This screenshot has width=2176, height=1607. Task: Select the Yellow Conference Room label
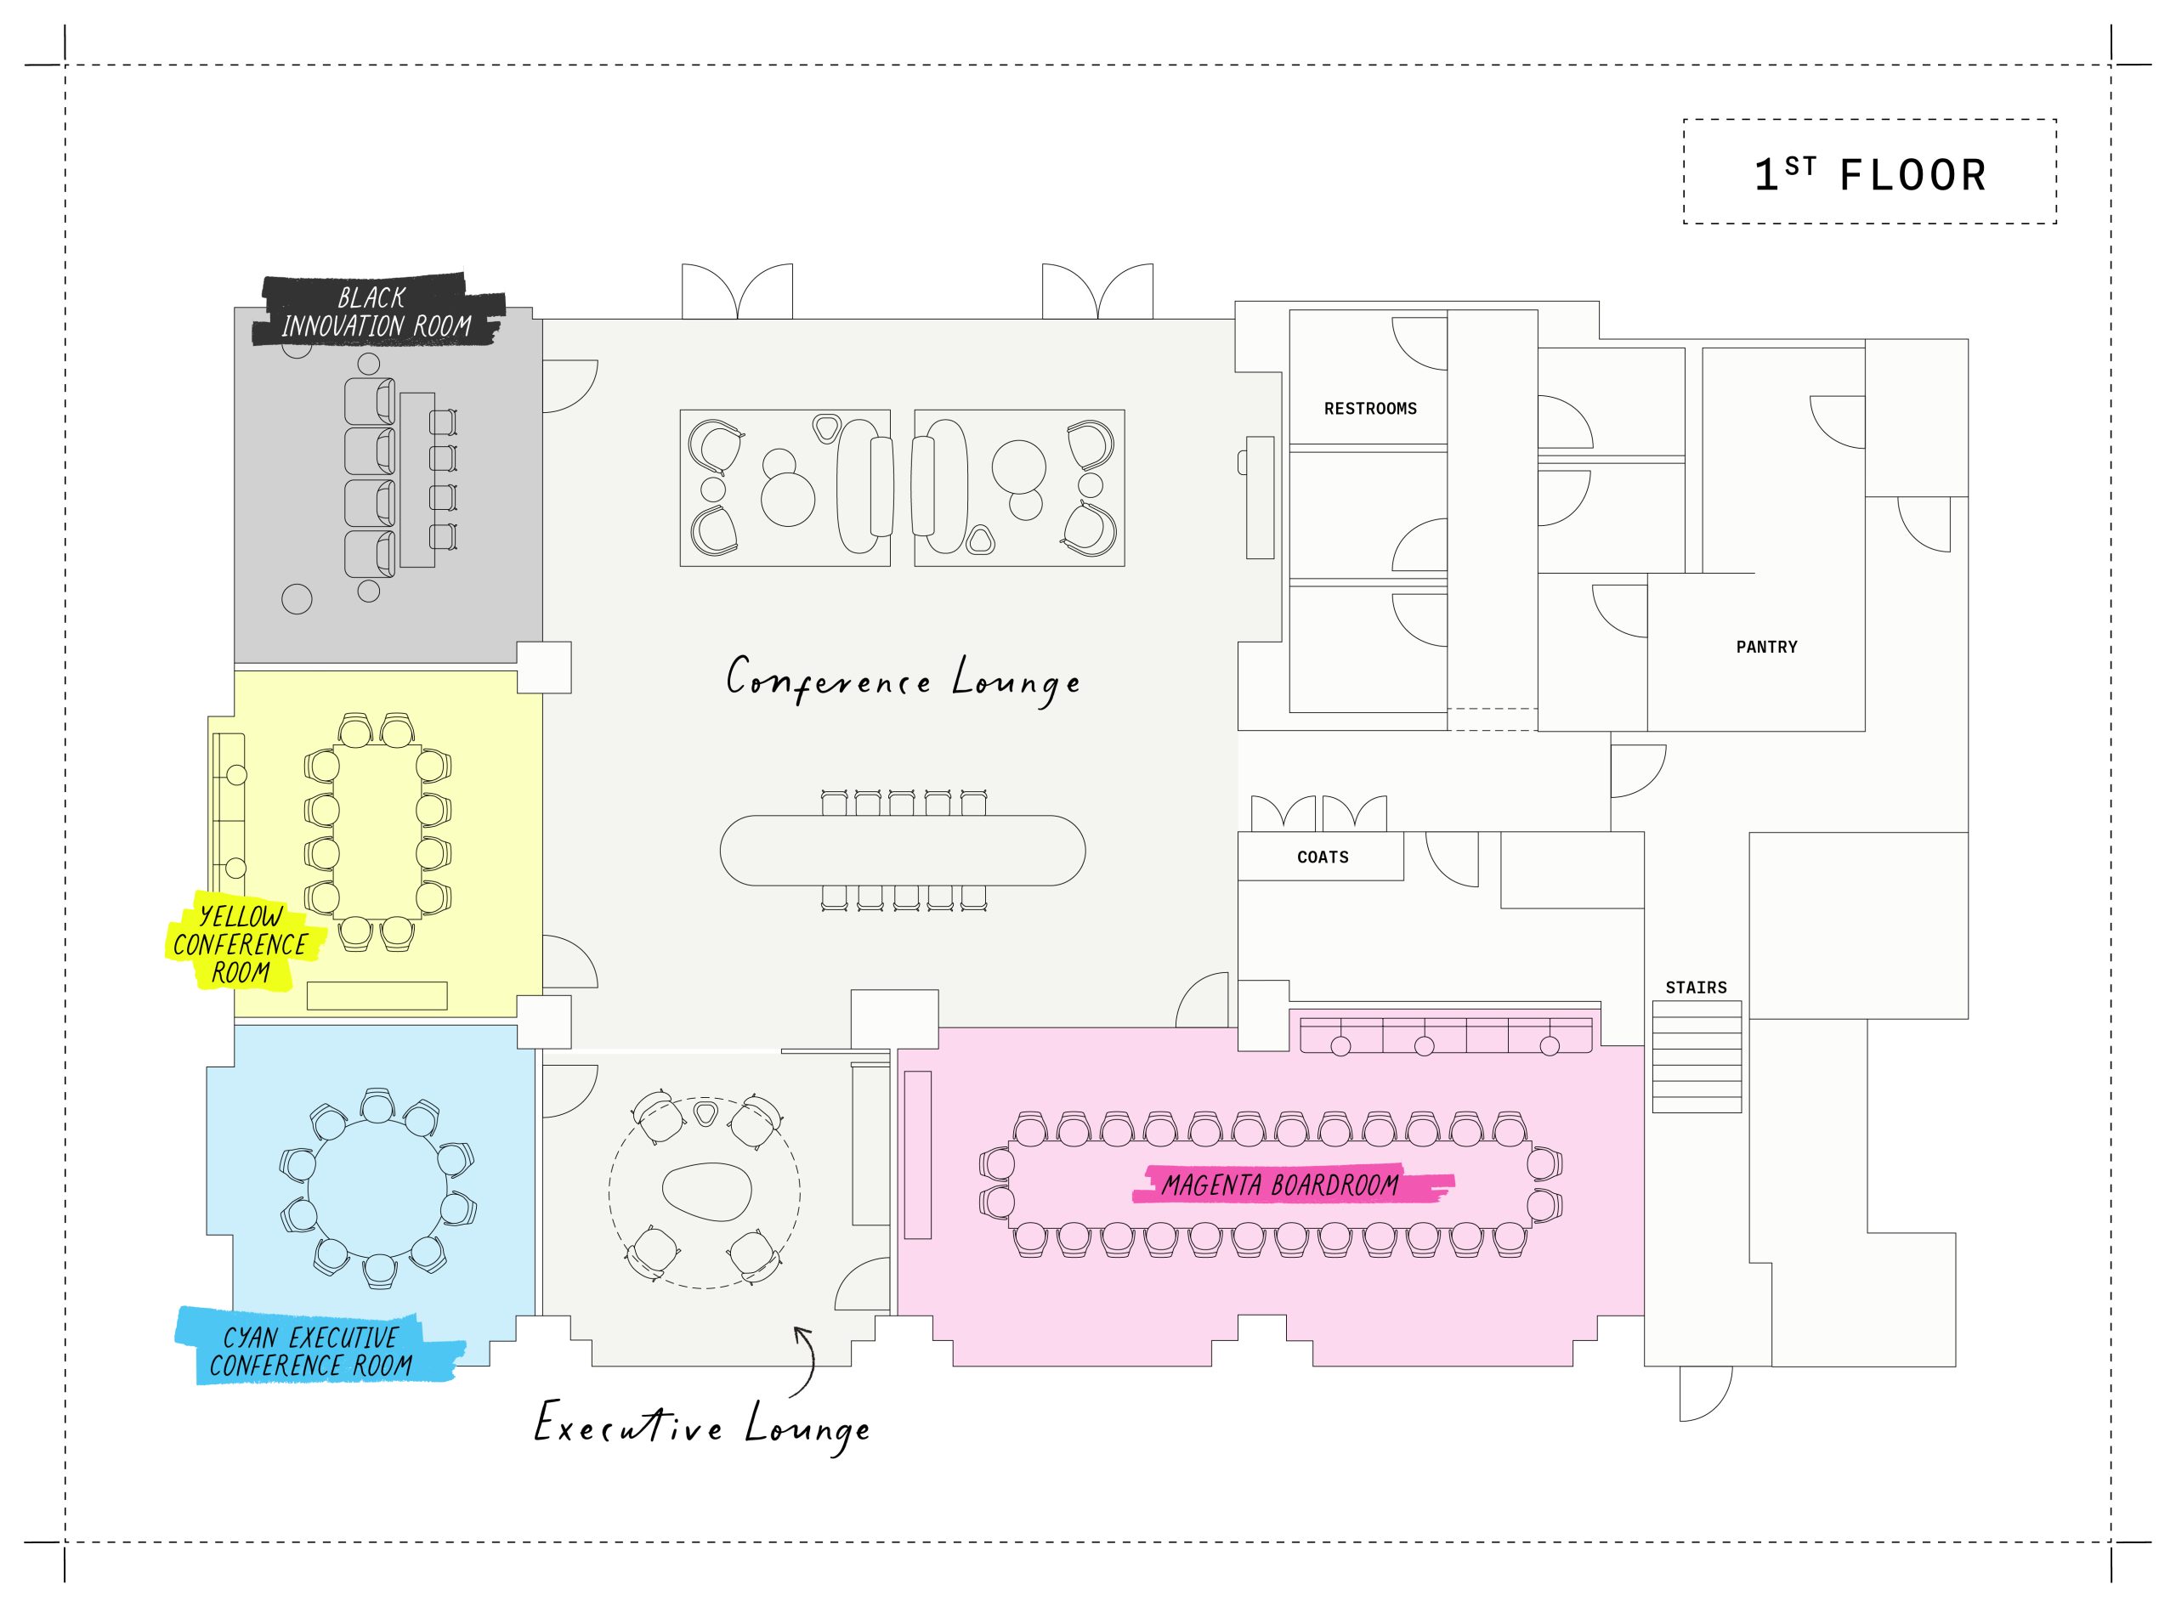click(x=240, y=943)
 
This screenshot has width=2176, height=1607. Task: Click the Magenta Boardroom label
click(x=1281, y=1185)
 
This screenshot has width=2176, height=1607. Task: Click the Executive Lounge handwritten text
click(x=702, y=1426)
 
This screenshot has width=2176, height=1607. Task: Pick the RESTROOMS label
click(x=1369, y=409)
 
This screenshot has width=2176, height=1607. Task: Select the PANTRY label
click(x=1766, y=647)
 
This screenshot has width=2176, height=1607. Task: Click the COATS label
click(x=1323, y=857)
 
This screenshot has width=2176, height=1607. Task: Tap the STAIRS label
click(x=1697, y=987)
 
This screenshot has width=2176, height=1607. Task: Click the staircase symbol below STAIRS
click(x=1697, y=1056)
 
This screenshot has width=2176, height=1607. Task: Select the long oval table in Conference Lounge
click(x=903, y=850)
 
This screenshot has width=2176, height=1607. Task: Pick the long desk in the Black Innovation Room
click(x=417, y=479)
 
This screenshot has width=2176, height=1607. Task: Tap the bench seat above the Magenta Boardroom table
click(x=1447, y=1035)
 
